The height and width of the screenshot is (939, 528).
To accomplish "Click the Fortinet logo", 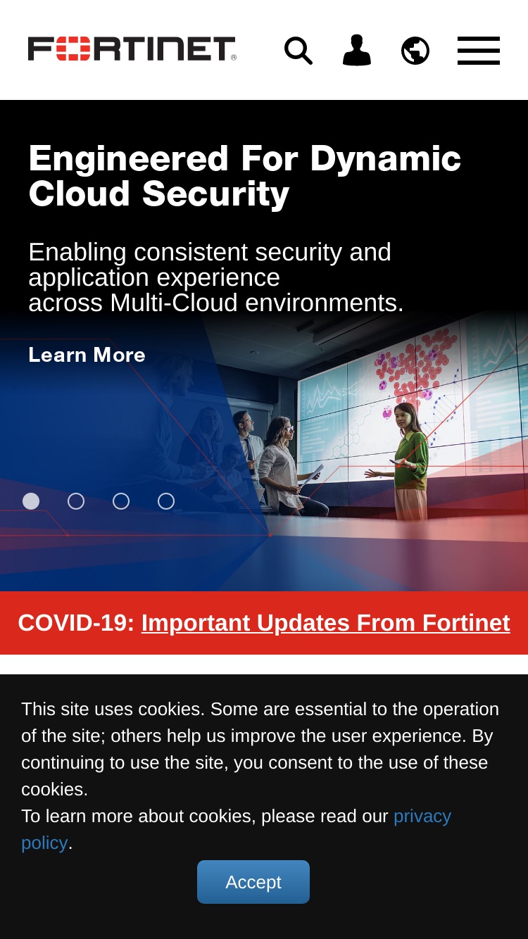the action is click(x=132, y=49).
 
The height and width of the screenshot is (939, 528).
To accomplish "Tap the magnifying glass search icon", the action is click(x=298, y=51).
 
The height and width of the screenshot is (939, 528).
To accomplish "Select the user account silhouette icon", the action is click(x=357, y=50).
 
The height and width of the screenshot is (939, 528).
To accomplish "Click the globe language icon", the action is click(x=415, y=51).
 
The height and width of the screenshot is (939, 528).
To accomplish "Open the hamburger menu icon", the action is click(x=479, y=51).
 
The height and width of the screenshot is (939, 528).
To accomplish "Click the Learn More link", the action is click(x=87, y=355).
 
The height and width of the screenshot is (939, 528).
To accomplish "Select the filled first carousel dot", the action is click(x=31, y=501).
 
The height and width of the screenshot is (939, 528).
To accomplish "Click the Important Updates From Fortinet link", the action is click(x=325, y=623).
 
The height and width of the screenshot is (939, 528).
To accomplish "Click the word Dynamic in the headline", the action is click(x=385, y=160).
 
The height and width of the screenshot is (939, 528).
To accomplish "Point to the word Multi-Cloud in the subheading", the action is click(x=174, y=303).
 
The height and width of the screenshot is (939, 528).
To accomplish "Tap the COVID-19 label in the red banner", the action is click(x=76, y=623).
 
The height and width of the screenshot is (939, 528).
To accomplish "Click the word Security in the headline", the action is click(x=215, y=195).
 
